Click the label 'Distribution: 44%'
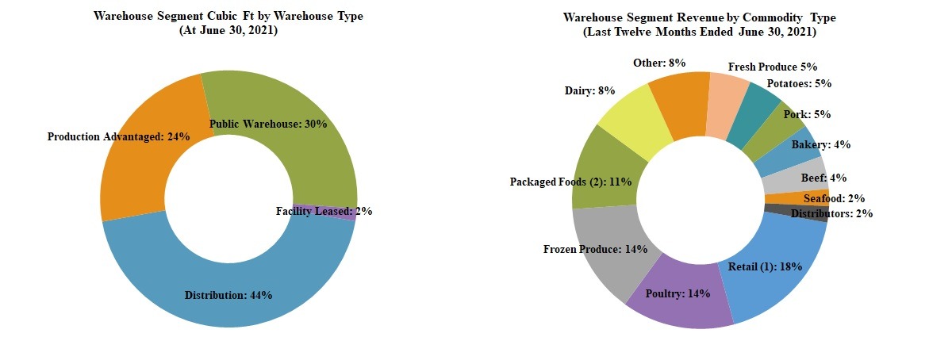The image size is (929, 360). click(x=228, y=295)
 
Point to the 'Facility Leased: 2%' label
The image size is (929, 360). click(x=324, y=211)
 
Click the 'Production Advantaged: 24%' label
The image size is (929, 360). click(x=118, y=136)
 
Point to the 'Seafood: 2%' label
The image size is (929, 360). click(x=833, y=198)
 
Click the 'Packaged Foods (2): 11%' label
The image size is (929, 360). click(x=570, y=182)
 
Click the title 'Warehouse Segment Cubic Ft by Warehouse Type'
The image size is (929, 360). click(x=228, y=16)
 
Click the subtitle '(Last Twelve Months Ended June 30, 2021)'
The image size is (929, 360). click(x=699, y=33)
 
